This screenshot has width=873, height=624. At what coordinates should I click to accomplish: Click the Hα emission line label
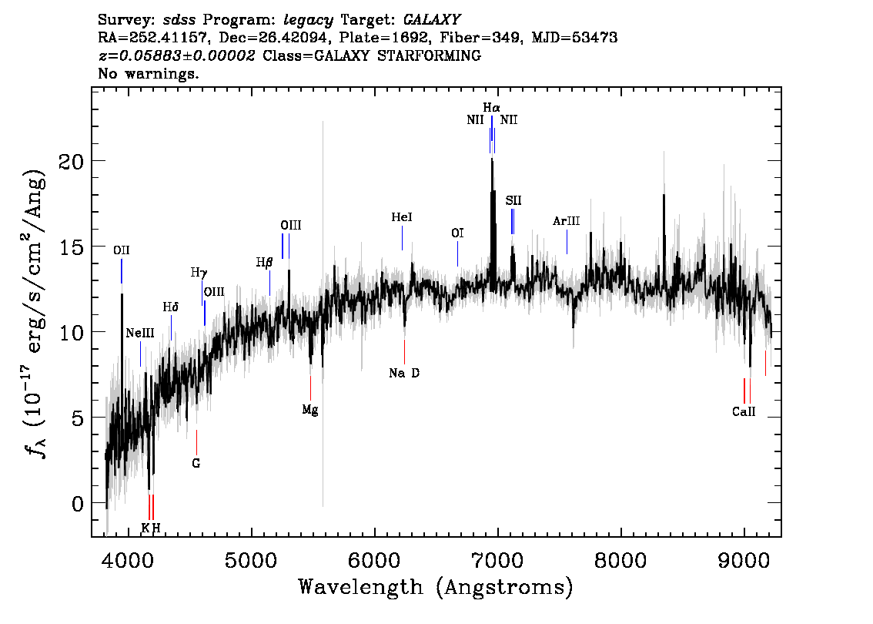pos(492,108)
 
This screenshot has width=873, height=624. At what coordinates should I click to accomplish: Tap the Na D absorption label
pos(404,374)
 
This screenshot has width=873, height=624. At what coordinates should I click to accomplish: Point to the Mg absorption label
pos(310,410)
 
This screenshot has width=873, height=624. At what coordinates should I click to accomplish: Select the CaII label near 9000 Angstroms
pos(744,411)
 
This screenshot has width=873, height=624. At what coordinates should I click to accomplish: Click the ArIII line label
pos(567,221)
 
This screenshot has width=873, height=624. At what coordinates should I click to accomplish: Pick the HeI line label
pos(402,217)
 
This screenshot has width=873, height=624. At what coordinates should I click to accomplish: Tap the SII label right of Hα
pos(513,200)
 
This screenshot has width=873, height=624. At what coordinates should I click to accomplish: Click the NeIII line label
pos(140,333)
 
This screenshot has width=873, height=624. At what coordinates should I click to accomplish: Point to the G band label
pos(196,464)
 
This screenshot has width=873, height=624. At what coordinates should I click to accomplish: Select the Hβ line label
pos(265,263)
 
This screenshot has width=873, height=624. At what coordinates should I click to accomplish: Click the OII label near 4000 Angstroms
pos(122,250)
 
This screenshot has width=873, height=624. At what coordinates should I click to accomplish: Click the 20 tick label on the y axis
pos(71,162)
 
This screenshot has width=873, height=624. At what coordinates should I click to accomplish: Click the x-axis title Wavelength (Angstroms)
pos(436,588)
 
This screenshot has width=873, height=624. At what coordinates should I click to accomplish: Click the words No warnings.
pos(148,73)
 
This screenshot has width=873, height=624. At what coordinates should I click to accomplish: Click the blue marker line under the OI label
pos(457,254)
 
